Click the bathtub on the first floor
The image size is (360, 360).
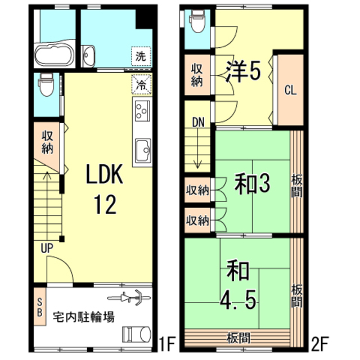click(x=55, y=55)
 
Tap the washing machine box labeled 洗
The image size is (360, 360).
click(x=141, y=56)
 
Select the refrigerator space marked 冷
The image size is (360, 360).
click(x=142, y=84)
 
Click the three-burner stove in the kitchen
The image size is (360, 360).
click(x=142, y=111)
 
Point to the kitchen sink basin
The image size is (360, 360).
click(x=143, y=151)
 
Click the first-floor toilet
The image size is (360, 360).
click(x=47, y=84)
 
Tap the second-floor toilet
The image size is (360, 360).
click(x=197, y=21)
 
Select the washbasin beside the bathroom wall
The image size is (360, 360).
click(x=88, y=56)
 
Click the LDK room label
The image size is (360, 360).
click(x=105, y=174)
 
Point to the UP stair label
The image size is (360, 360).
click(x=47, y=248)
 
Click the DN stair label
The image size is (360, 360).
click(x=198, y=123)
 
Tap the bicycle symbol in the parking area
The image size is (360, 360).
click(x=129, y=298)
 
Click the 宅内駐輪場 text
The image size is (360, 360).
click(x=84, y=317)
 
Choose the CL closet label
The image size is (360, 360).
click(x=291, y=90)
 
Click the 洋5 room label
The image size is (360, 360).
click(x=244, y=71)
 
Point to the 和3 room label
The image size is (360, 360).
click(x=252, y=183)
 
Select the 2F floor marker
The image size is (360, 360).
click(x=320, y=344)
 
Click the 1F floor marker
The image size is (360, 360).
click(x=167, y=344)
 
